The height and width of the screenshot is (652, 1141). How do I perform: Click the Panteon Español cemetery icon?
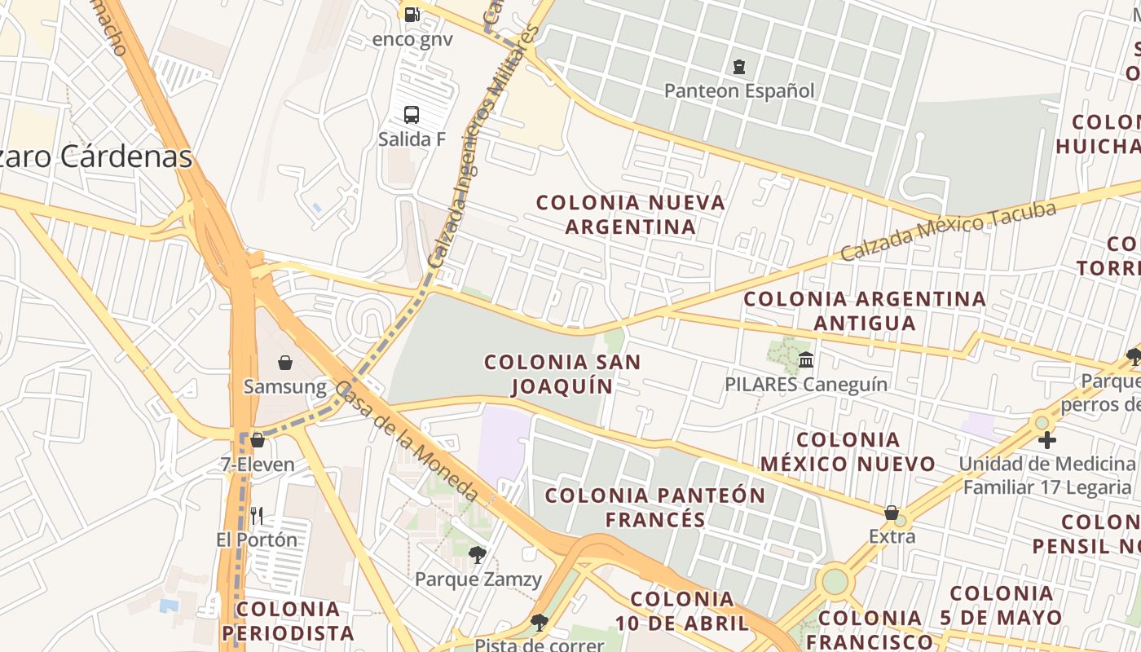click(x=739, y=67)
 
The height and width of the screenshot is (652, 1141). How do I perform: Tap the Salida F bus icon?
click(x=412, y=115)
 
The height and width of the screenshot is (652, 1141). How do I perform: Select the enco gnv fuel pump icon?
click(x=412, y=14)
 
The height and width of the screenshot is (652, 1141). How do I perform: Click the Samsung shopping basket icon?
click(x=285, y=363)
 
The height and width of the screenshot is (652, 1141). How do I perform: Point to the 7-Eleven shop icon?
click(x=258, y=440)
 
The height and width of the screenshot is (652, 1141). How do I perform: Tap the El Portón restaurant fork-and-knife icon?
click(x=257, y=515)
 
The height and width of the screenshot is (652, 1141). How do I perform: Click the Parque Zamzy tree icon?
click(x=478, y=555)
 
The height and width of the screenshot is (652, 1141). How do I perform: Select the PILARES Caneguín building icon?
click(x=806, y=359)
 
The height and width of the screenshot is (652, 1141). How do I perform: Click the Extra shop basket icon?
click(x=892, y=513)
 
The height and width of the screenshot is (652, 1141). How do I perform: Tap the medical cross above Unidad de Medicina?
click(x=1047, y=440)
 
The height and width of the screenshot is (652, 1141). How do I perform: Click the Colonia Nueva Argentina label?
click(x=631, y=214)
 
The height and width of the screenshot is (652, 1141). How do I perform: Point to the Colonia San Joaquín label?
click(x=562, y=373)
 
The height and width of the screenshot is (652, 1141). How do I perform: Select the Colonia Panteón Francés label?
click(x=655, y=507)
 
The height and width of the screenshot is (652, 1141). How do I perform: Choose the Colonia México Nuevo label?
click(x=848, y=452)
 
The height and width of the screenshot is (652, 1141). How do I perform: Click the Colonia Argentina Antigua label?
click(x=865, y=311)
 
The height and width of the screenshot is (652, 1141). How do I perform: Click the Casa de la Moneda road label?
click(x=407, y=442)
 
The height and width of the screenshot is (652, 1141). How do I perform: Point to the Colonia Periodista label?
click(x=288, y=621)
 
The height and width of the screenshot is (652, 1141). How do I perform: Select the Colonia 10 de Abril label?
click(x=682, y=611)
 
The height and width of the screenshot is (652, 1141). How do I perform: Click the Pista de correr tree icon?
click(x=539, y=623)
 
